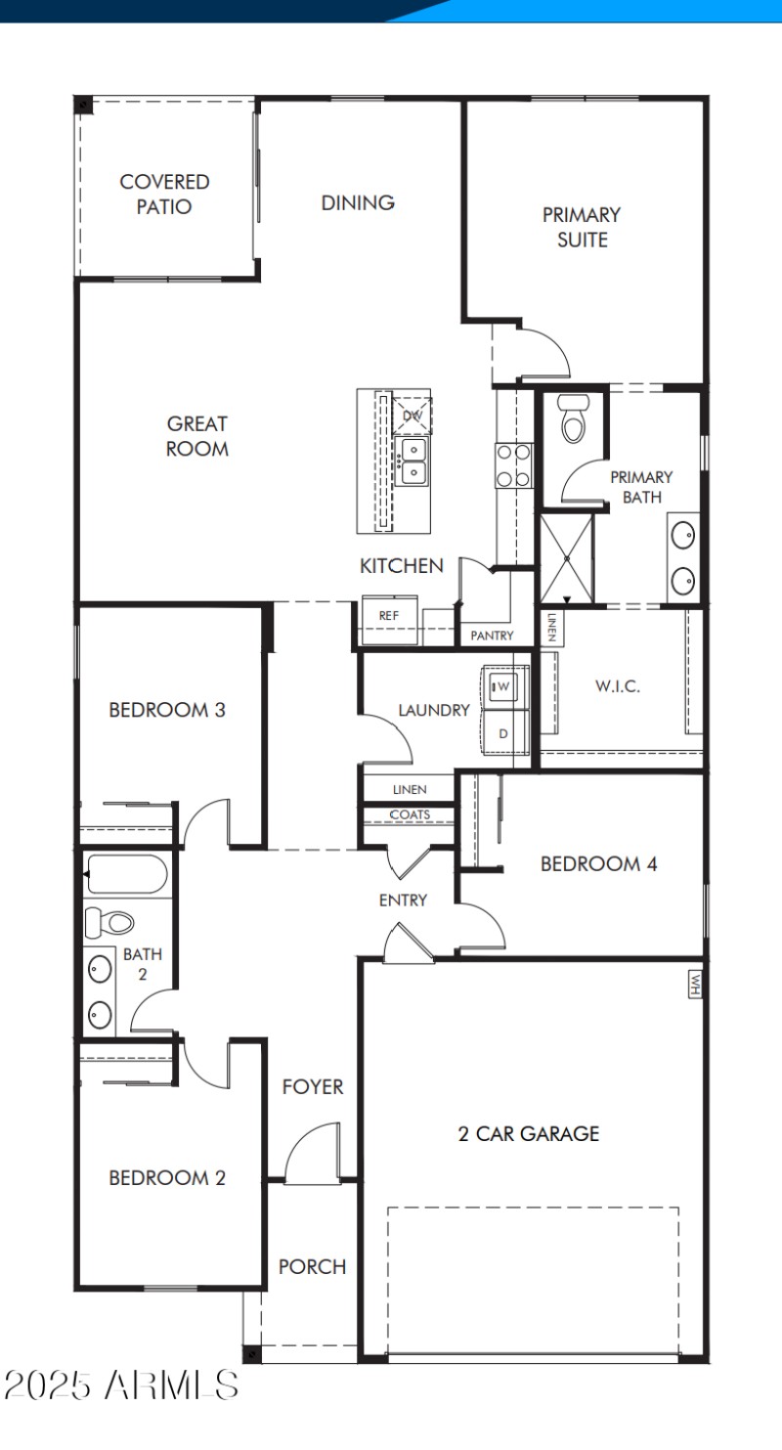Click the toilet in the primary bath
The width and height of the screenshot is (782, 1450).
click(x=573, y=418)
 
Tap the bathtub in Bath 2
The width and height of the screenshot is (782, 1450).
click(x=126, y=874)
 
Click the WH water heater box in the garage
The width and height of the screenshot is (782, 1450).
click(x=695, y=983)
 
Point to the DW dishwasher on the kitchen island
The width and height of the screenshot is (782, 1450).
click(x=412, y=415)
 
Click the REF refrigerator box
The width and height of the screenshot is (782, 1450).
click(x=389, y=617)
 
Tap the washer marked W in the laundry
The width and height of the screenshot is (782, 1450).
click(x=504, y=686)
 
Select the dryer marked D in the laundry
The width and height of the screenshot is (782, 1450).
click(x=504, y=732)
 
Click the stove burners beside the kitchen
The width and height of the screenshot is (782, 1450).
click(x=513, y=465)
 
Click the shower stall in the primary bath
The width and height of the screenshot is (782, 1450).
click(x=568, y=556)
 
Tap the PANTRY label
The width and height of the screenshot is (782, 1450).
click(x=492, y=636)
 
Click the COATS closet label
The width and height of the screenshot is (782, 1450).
click(x=410, y=814)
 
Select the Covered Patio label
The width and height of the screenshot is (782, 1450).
click(x=164, y=194)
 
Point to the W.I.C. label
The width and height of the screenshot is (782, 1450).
click(x=618, y=685)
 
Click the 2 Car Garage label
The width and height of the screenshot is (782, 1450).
click(x=529, y=1134)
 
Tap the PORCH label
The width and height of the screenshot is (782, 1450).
click(x=313, y=1266)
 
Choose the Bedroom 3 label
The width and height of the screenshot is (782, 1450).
click(x=167, y=710)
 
